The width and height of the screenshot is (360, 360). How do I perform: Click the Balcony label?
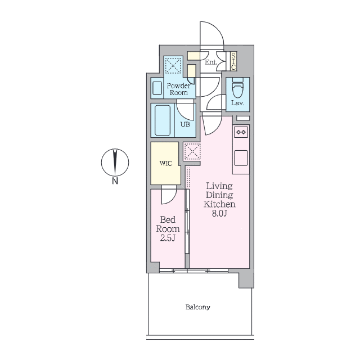[x=197, y=307]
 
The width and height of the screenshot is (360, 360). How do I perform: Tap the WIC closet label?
[x=166, y=164]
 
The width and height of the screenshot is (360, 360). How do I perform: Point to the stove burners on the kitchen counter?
[x=241, y=132]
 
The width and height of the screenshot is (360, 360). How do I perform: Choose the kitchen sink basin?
[x=241, y=158]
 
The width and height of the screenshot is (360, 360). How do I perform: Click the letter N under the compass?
[x=115, y=181]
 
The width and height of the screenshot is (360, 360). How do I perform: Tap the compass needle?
[x=115, y=162]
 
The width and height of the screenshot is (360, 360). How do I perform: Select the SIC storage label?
[x=233, y=61]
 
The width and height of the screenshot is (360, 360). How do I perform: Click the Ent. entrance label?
[x=211, y=62]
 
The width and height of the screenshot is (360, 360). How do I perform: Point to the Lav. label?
[x=237, y=103]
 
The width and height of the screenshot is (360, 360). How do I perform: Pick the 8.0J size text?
[x=219, y=214]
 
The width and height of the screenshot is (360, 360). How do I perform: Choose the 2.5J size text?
[x=168, y=238]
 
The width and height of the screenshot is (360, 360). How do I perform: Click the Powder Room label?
[x=179, y=89]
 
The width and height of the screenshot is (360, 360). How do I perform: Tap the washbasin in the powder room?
[x=157, y=88]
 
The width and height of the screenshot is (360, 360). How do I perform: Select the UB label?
[x=185, y=124]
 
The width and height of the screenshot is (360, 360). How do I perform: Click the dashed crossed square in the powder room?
[x=173, y=65]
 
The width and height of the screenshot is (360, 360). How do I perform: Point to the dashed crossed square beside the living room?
[x=192, y=151]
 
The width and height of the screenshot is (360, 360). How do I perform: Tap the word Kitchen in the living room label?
[x=219, y=204]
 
